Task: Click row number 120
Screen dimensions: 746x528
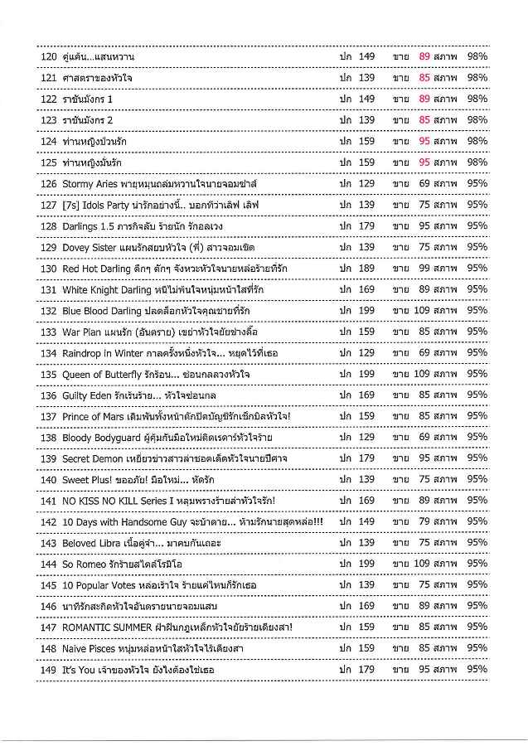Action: tap(47, 56)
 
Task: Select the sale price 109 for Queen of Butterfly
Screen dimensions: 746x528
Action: tap(422, 374)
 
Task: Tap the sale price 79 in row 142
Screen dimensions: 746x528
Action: tap(424, 521)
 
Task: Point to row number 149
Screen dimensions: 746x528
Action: tap(47, 670)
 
